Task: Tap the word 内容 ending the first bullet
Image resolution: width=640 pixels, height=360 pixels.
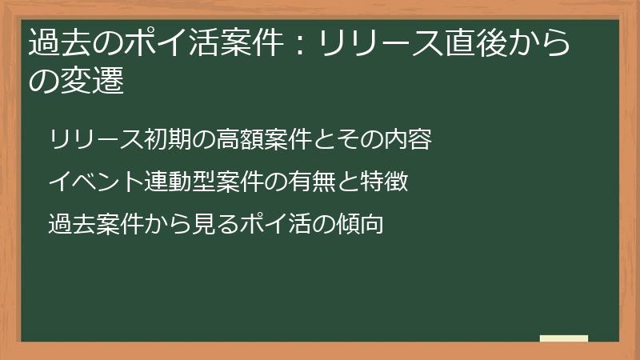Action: (409, 140)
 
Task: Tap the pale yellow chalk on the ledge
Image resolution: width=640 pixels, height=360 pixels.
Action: (564, 338)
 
